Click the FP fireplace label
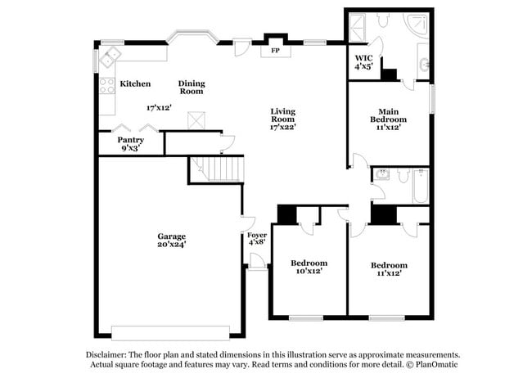click(x=274, y=50)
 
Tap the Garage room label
click(x=172, y=240)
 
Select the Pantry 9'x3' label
click(x=131, y=144)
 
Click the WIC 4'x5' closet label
click(x=363, y=62)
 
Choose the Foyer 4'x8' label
click(x=257, y=238)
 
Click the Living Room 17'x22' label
click(x=282, y=119)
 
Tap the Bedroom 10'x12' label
click(x=309, y=267)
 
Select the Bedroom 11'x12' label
click(x=389, y=269)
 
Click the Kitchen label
click(x=135, y=84)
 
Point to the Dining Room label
click(x=192, y=87)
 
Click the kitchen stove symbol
click(x=106, y=84)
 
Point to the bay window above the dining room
click(x=192, y=38)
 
